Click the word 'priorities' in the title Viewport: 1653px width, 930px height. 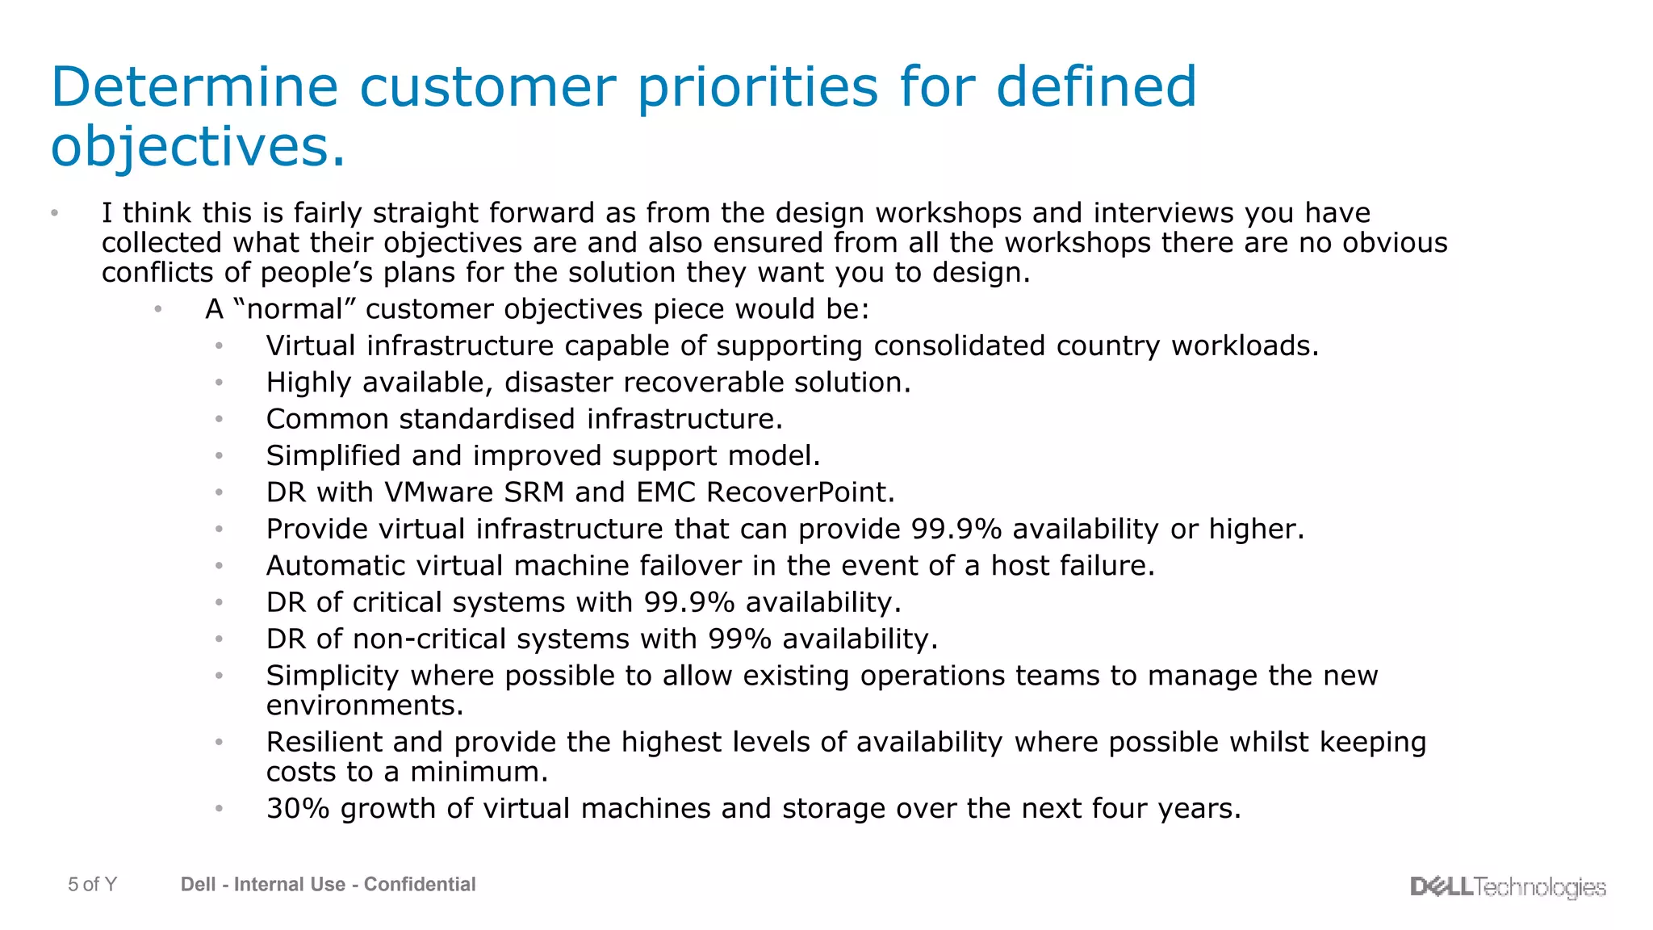[757, 87]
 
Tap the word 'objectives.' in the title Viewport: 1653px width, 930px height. [198, 147]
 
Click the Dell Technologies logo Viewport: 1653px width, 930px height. [1508, 886]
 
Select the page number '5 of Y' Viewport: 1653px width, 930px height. [92, 885]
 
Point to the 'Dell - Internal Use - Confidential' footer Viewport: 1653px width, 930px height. [328, 885]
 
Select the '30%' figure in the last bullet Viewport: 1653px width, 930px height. [298, 809]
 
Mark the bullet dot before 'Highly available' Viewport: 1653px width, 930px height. [219, 383]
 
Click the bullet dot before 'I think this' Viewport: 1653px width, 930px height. [54, 213]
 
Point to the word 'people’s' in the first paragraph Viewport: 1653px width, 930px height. [316, 274]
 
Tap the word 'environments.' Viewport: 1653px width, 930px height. [365, 706]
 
